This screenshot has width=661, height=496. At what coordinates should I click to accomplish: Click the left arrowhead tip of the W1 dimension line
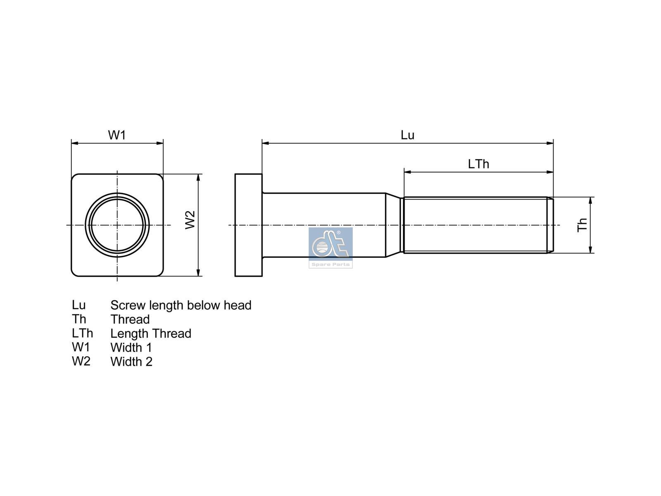point(71,143)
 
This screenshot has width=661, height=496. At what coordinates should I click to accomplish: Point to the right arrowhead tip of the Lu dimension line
point(553,143)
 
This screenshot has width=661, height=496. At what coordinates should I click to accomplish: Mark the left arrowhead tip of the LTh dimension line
point(404,172)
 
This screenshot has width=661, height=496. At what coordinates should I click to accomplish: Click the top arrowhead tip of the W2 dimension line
point(198,174)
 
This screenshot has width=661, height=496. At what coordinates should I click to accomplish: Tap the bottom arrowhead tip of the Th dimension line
point(590,253)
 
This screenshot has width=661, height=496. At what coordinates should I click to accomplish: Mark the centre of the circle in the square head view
point(117,225)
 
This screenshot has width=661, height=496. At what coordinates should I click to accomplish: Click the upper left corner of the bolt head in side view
point(235,174)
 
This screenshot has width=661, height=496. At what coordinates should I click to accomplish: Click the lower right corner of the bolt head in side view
point(262,276)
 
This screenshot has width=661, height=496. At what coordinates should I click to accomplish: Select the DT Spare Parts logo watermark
point(330,248)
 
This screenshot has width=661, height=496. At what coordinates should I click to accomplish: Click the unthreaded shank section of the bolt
point(324,225)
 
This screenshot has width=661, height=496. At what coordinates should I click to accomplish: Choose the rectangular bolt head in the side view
point(249,225)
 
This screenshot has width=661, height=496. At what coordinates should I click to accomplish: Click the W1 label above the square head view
point(117,135)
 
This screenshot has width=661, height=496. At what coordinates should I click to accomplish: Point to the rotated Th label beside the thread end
point(583,225)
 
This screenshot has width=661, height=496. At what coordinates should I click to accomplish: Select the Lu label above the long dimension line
point(407,135)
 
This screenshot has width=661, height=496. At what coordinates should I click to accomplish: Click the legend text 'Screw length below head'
point(181,305)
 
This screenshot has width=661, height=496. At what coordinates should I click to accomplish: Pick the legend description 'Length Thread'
point(151,334)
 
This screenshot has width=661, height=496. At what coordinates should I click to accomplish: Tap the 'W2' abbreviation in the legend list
point(81,361)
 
